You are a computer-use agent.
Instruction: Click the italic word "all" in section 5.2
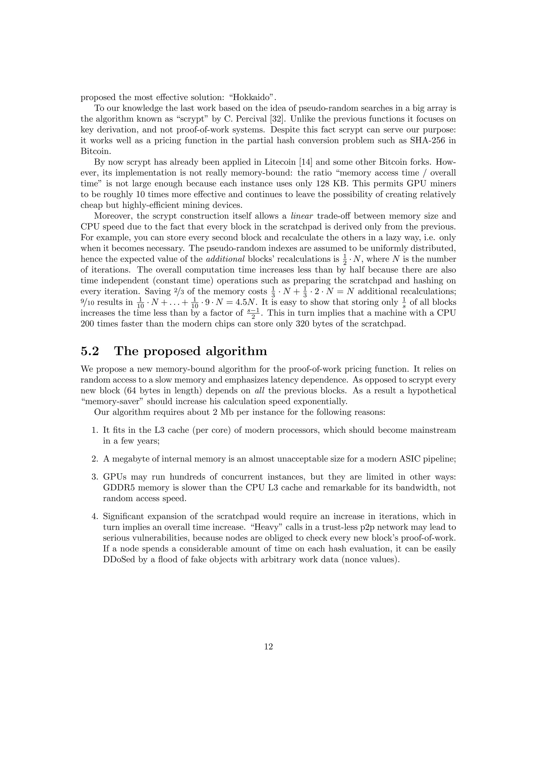(260, 391)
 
